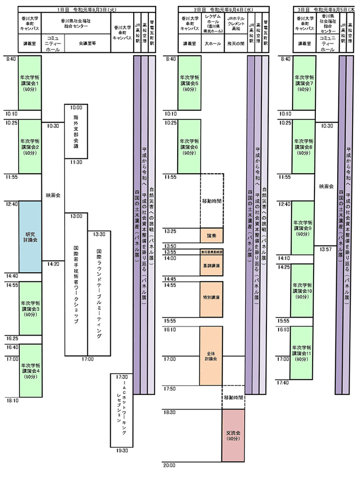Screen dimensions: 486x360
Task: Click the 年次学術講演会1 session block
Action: coord(30,83)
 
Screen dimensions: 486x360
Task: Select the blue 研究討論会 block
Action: coord(30,237)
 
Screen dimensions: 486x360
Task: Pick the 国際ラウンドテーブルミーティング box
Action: coord(99,295)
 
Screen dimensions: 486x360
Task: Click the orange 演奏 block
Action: coord(211,235)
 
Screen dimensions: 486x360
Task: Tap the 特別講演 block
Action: coord(211,298)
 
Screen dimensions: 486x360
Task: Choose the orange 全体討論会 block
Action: coord(211,355)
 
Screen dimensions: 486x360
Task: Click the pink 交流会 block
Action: coord(233,435)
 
